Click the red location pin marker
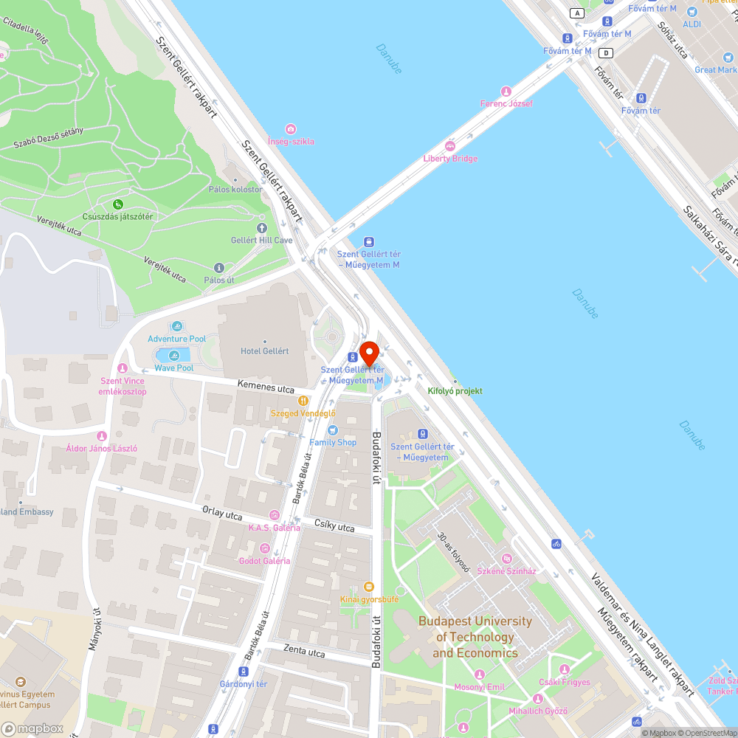pos(369,354)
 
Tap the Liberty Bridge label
pos(450,159)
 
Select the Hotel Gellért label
pos(264,351)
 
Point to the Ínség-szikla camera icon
pos(291,129)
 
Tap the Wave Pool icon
pos(173,356)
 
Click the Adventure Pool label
pos(177,339)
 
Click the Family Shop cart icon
pos(332,430)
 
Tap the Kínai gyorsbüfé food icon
pos(369,587)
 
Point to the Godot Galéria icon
pos(264,548)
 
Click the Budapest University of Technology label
pos(475,637)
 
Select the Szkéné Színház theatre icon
pos(506,559)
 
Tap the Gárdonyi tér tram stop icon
pos(244,672)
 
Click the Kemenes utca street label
pos(266,387)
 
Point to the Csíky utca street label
pos(334,527)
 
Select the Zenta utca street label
pos(304,652)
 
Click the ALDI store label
pos(692,24)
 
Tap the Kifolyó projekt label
pos(455,390)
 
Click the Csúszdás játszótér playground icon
pos(117,204)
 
